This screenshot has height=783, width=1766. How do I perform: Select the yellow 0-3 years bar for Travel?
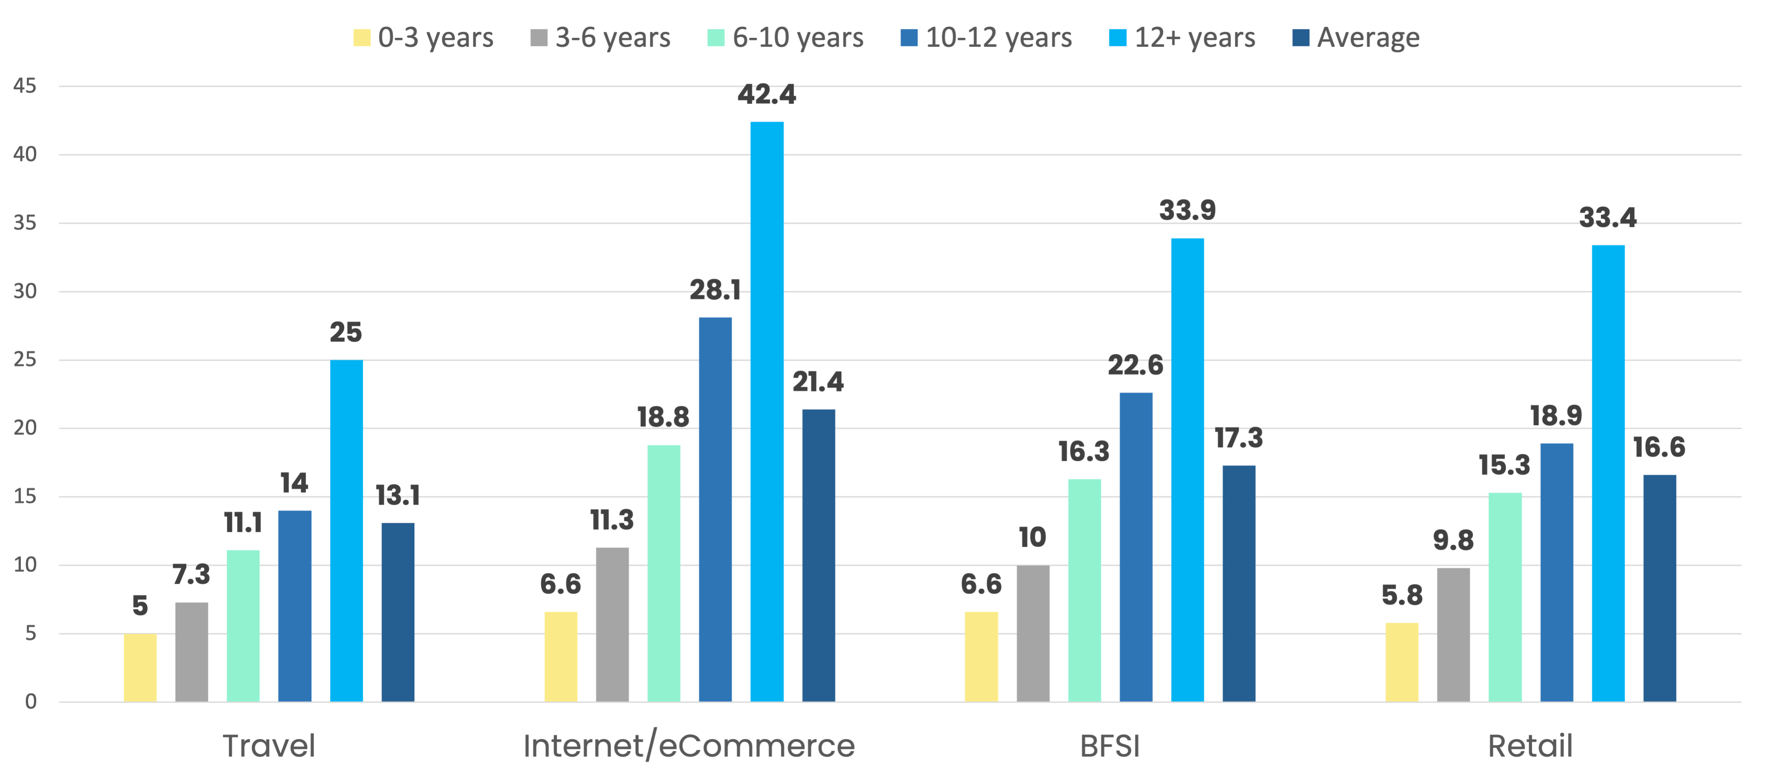tap(140, 667)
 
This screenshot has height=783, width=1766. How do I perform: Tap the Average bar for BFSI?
tap(1239, 584)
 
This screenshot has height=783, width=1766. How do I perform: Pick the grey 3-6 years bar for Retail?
tap(1453, 635)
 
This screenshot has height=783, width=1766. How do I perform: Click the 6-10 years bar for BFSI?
tap(1085, 590)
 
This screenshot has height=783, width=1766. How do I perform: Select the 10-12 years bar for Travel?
tap(295, 606)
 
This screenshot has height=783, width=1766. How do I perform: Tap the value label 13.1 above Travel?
tap(398, 495)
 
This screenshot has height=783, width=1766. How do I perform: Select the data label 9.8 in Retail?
tap(1453, 541)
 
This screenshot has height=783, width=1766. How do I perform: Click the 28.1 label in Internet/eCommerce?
tap(715, 290)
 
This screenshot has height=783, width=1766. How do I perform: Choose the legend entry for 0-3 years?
tap(423, 38)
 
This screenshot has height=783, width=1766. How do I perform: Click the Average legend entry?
tap(1356, 38)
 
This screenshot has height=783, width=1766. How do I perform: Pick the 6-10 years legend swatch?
tap(716, 38)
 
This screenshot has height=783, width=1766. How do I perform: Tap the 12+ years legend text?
tap(1195, 38)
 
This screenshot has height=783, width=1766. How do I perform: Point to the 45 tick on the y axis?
tap(25, 85)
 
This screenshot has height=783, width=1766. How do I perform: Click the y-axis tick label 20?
tap(25, 428)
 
